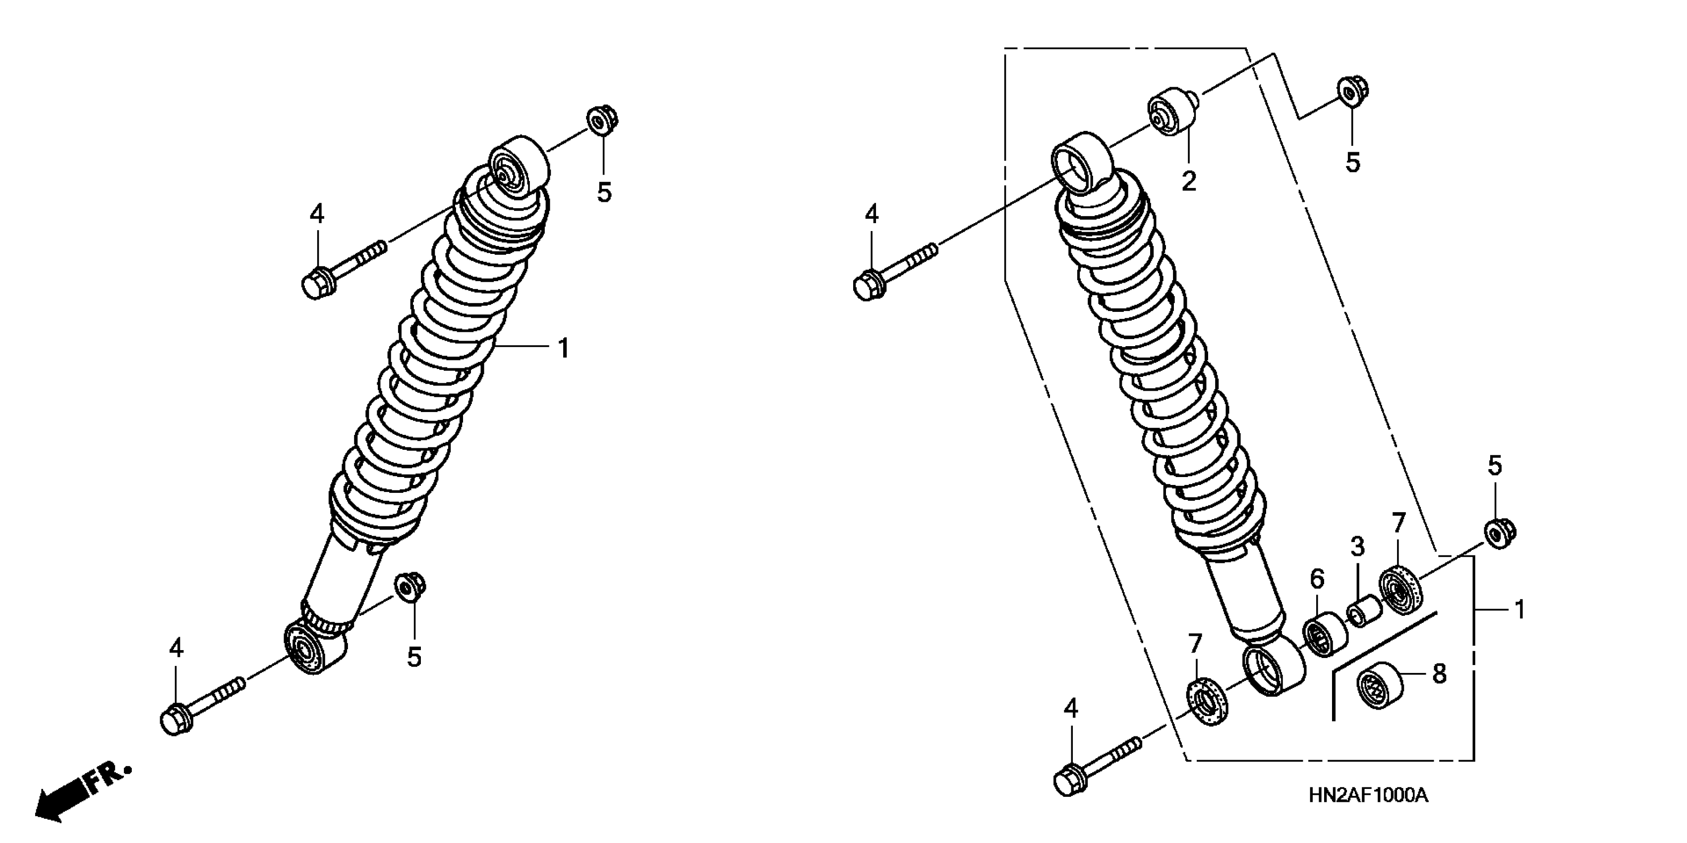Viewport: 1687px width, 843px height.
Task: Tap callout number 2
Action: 1189,181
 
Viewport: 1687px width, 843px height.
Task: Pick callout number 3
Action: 1358,547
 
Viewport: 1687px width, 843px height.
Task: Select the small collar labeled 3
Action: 1363,613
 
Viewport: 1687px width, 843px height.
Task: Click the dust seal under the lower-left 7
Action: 1206,703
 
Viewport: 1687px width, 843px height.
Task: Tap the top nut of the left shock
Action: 602,120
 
